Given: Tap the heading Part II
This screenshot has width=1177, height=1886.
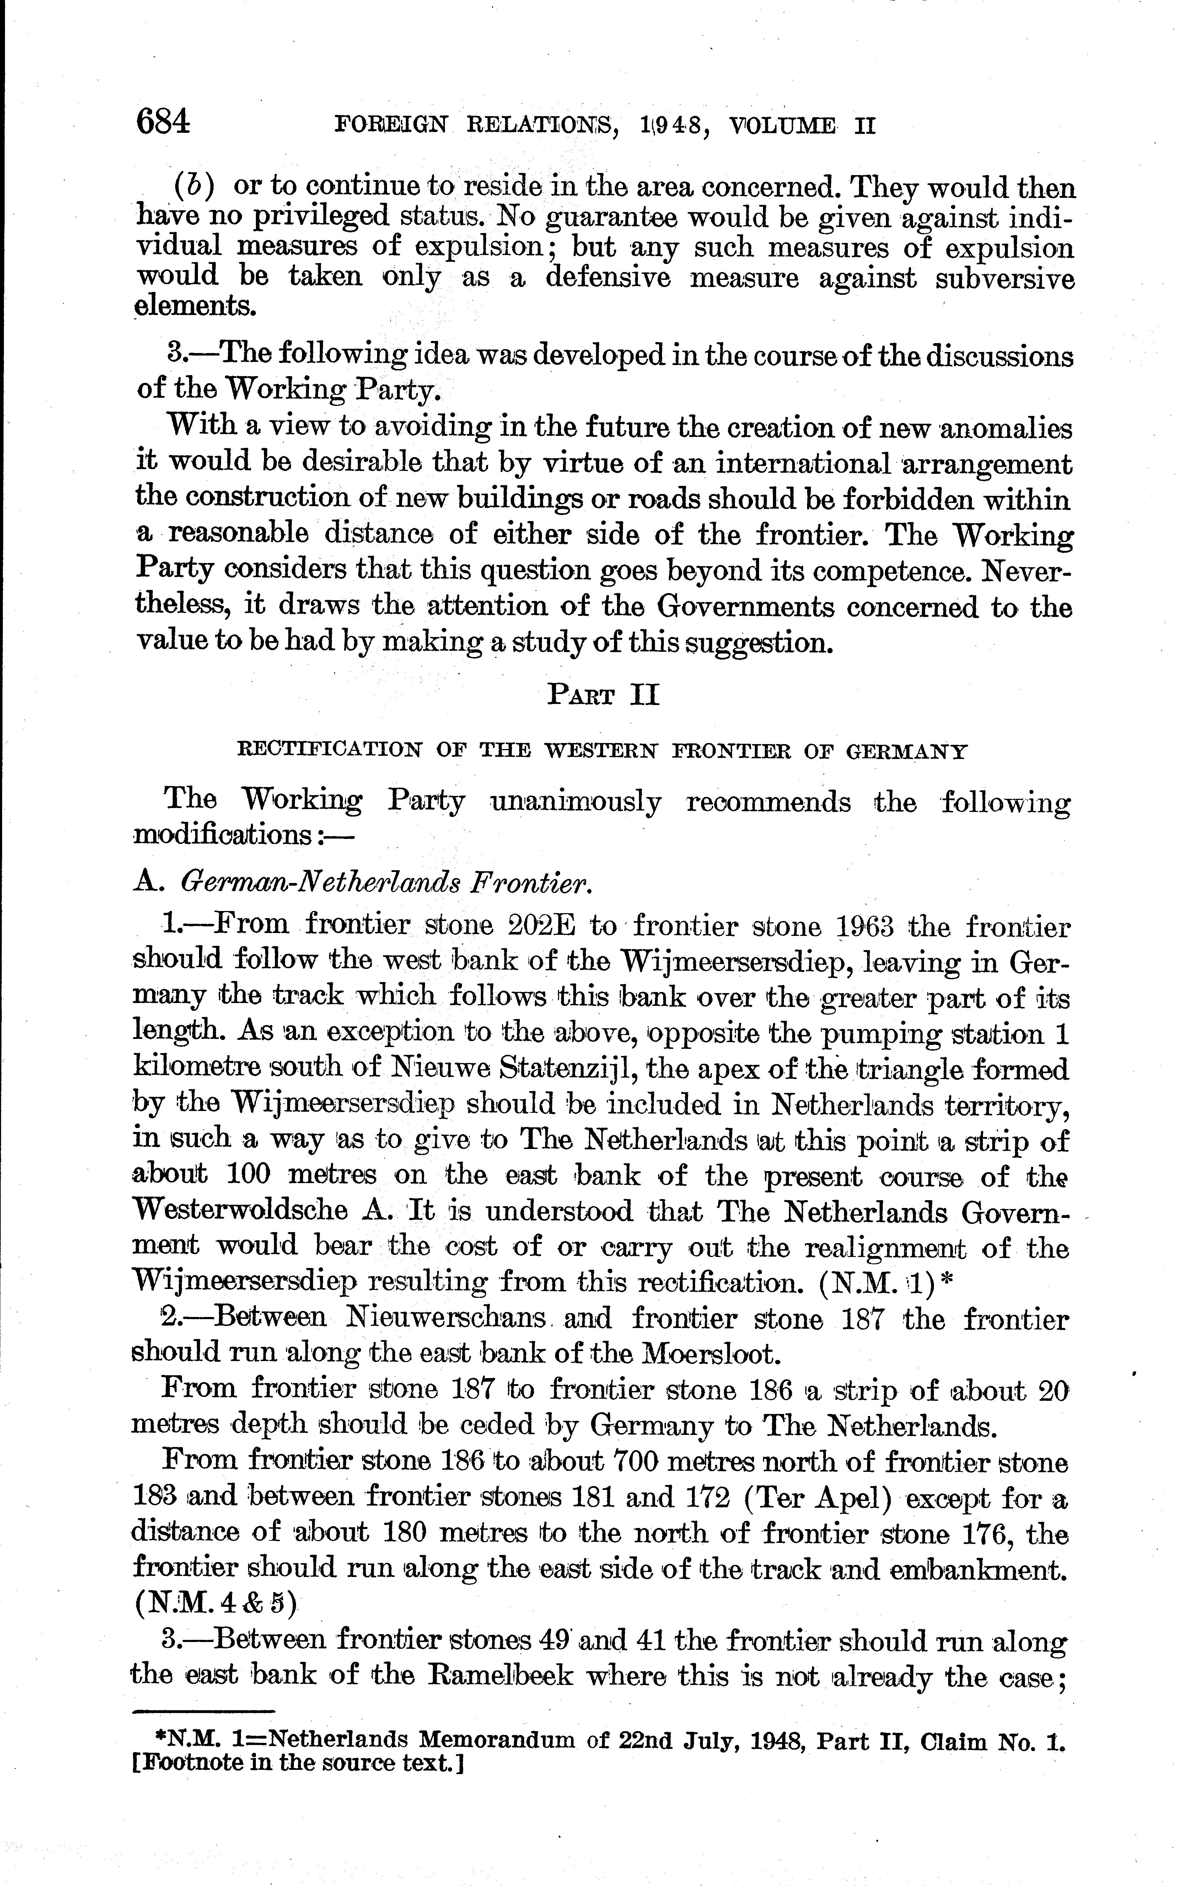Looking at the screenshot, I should click(603, 693).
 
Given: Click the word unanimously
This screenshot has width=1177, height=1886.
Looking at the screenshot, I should click(576, 801).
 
